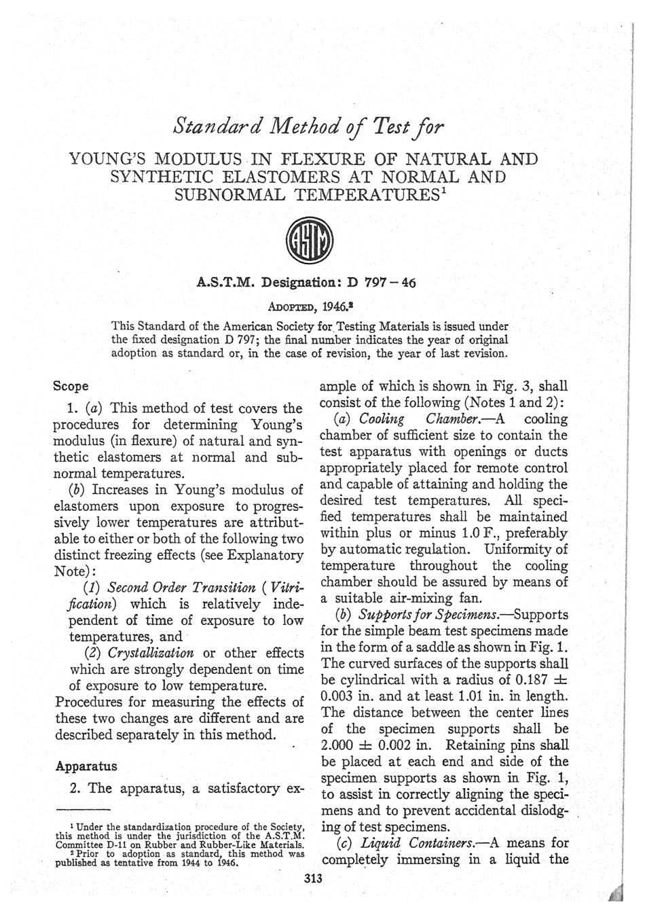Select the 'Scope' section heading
point(71,386)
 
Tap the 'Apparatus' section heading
point(86,766)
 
